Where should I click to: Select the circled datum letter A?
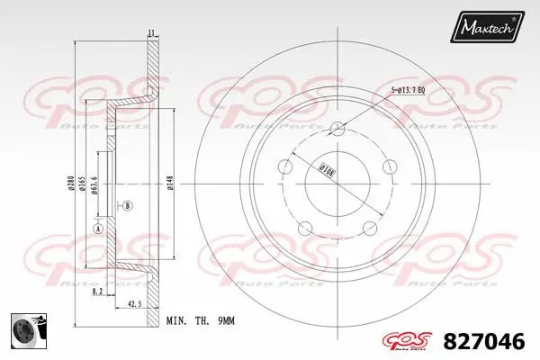click(x=97, y=229)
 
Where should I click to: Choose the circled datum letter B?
click(x=126, y=206)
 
